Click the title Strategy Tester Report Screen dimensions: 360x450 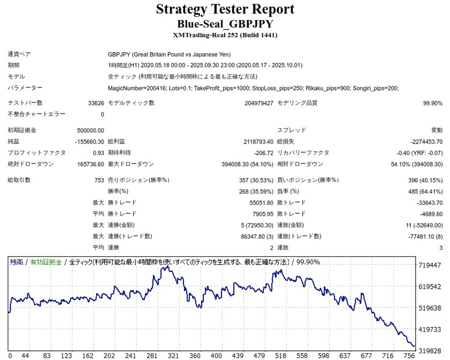pyautogui.click(x=225, y=9)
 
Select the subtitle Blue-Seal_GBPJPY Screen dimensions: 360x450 pyautogui.click(x=225, y=24)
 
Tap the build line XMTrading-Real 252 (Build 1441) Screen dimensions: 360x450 pyautogui.click(x=225, y=35)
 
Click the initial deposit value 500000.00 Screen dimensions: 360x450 pyautogui.click(x=90, y=130)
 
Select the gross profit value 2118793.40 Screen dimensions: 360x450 pyautogui.click(x=258, y=141)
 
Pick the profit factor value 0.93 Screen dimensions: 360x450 pyautogui.click(x=98, y=153)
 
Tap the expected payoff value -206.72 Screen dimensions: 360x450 pyautogui.click(x=263, y=153)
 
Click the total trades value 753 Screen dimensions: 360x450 pyautogui.click(x=99, y=180)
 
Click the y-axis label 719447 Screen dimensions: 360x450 pyautogui.click(x=429, y=265)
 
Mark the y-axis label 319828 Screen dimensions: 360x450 pyautogui.click(x=429, y=350)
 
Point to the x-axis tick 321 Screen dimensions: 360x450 pyautogui.click(x=173, y=356)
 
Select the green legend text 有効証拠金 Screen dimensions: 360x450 pyautogui.click(x=46, y=262)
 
